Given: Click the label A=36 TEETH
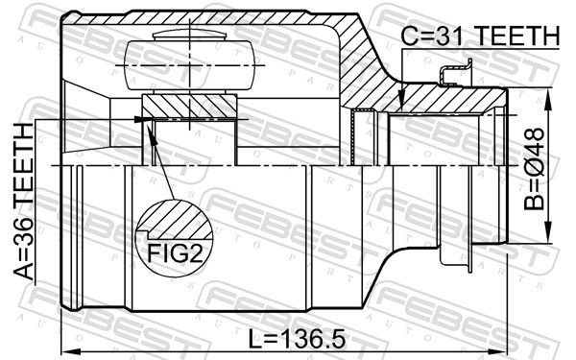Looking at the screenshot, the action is coord(24,202).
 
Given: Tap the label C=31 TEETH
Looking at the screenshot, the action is coord(480,36).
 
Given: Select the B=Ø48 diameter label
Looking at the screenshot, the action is coord(534,169).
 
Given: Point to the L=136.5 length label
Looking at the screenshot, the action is coord(297,339).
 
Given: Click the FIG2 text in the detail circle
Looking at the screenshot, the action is coord(175,253).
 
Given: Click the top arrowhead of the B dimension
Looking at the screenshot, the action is coord(548,99).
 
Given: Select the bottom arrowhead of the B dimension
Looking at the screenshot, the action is coord(548,232).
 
